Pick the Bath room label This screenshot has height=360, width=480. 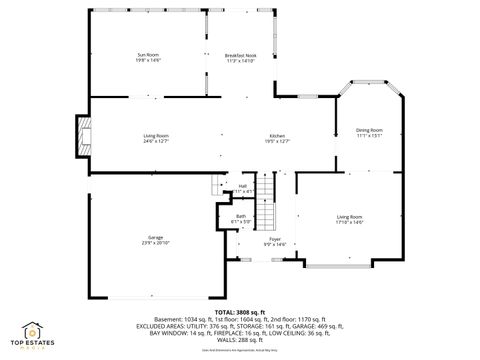coord(241,215)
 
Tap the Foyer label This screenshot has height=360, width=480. coord(274,240)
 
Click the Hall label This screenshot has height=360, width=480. coord(242,185)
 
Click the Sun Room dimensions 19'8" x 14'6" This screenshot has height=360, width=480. coord(148,60)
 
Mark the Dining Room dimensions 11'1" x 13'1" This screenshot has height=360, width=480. coord(370,135)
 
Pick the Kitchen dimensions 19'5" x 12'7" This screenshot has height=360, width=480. coord(277,141)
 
